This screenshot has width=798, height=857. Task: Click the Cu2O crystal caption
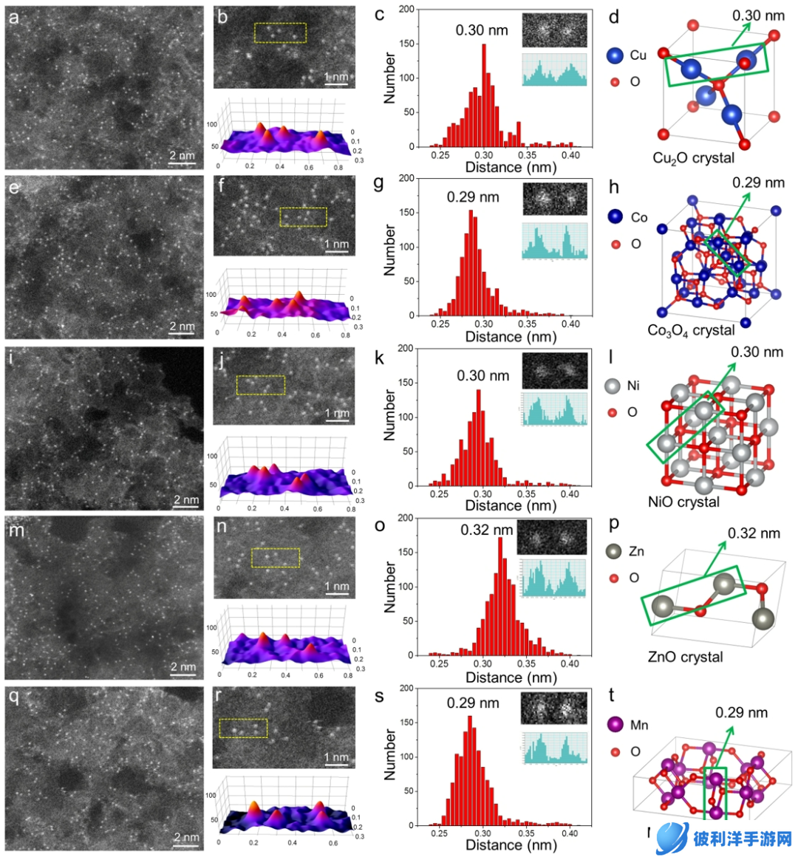pos(693,158)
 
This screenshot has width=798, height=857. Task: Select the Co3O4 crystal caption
pos(691,330)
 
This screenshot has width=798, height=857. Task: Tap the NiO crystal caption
pos(683,502)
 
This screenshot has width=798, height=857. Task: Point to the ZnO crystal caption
pos(685,657)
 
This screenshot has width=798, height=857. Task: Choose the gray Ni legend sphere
pos(612,386)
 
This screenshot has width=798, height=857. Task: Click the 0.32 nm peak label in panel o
pos(486,530)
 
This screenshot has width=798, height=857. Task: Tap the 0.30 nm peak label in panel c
pos(482,30)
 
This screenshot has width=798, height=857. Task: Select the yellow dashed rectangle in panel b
pos(280,33)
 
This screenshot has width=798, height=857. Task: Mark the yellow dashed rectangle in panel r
pos(243,728)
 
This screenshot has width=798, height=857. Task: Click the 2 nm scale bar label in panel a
pos(182,155)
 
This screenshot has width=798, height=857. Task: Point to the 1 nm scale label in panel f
pos(337,244)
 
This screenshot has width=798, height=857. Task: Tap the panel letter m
pos(16,530)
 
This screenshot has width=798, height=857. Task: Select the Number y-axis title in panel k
pos(389,416)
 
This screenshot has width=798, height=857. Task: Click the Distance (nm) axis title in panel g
pos(511,337)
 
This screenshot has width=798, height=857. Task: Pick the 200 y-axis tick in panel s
pos(406,688)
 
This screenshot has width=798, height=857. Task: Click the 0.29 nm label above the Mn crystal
pos(741,713)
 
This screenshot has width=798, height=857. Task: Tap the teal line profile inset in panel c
pos(554,69)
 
